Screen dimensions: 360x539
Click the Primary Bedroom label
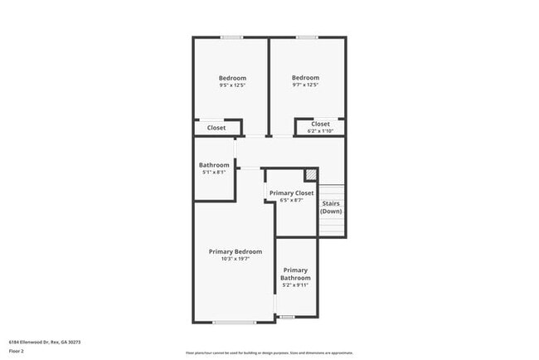[235, 251]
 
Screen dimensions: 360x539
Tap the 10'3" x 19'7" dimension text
[235, 259]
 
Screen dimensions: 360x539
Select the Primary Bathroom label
[296, 274]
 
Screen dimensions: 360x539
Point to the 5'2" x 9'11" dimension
[296, 285]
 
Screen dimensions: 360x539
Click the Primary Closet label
[292, 192]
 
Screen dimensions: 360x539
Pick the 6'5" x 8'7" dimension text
[292, 200]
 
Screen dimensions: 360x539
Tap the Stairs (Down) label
[331, 207]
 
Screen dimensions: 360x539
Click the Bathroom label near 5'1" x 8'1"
[214, 165]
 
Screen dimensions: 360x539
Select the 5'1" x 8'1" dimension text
[214, 173]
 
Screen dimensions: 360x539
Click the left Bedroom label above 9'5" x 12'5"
[232, 78]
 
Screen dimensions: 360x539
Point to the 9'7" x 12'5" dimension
[305, 85]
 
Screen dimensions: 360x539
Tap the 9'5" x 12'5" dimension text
[232, 85]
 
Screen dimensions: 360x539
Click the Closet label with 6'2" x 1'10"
[320, 124]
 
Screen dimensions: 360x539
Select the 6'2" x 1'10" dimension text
[320, 130]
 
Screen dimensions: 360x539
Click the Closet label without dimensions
[216, 128]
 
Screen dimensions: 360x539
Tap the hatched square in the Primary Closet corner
[311, 174]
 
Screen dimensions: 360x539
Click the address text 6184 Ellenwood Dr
[45, 342]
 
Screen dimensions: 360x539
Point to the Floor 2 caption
[17, 351]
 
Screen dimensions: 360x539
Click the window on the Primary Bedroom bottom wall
[234, 322]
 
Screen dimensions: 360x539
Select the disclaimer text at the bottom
[269, 353]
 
